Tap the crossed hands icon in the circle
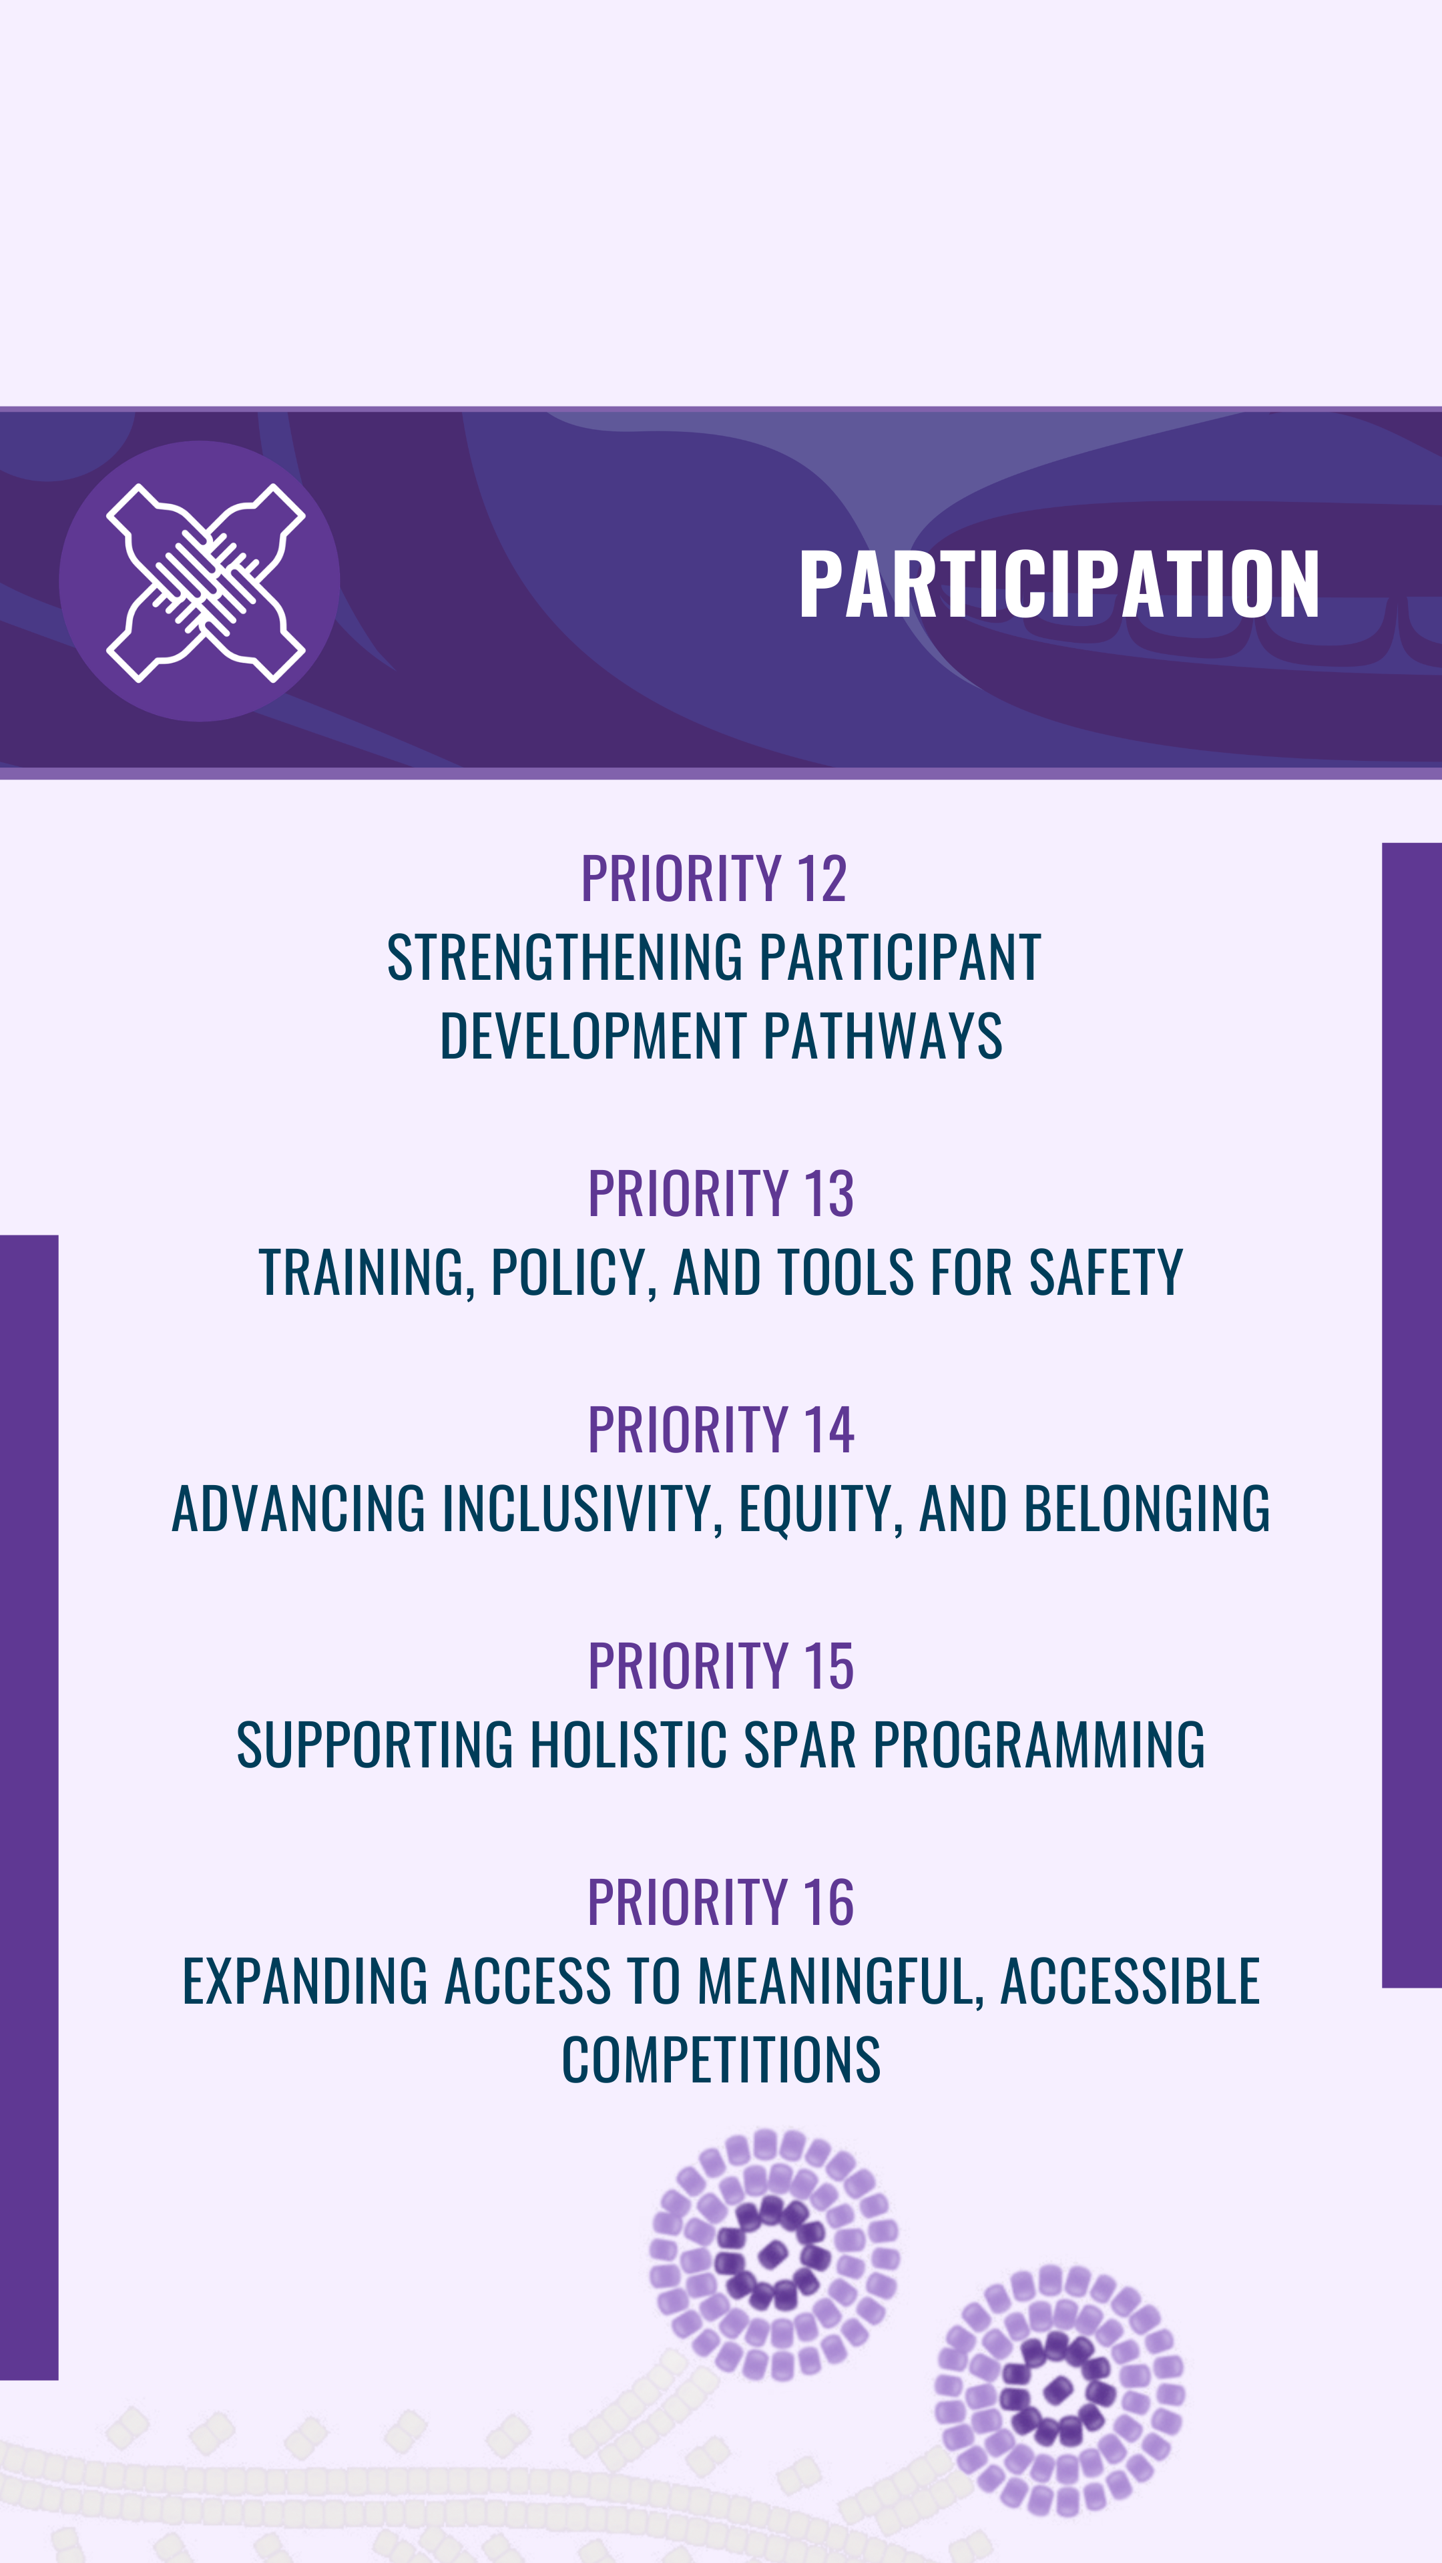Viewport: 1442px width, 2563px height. tap(206, 583)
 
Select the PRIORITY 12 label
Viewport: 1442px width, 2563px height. tap(714, 878)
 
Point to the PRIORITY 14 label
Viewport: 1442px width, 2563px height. tap(720, 1430)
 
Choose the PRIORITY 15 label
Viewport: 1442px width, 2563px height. tap(720, 1667)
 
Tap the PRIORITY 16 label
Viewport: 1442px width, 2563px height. tap(720, 1902)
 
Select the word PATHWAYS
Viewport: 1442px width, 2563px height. tap(883, 1036)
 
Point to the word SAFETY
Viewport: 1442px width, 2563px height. tap(1106, 1273)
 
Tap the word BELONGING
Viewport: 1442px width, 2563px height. tap(1146, 1508)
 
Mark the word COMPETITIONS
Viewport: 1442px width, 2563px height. tap(720, 2060)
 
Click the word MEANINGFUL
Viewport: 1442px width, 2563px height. tap(840, 1982)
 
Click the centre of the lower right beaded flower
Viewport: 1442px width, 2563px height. tap(1058, 2391)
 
